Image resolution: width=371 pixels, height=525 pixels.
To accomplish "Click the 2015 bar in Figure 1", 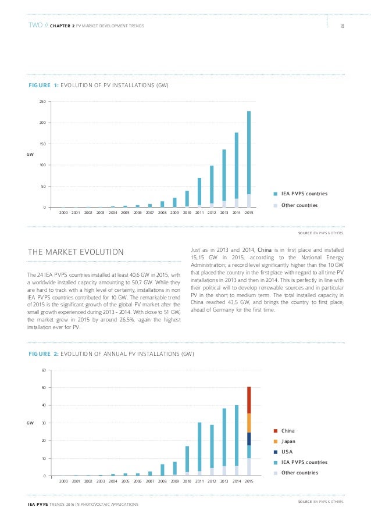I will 249,157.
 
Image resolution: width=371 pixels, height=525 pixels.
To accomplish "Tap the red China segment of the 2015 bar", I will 249,400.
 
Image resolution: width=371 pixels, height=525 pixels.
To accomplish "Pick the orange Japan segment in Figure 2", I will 249,423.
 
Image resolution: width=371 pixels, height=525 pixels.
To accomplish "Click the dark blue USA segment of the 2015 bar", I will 249,439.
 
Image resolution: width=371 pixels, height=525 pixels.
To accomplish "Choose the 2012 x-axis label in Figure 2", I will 212,482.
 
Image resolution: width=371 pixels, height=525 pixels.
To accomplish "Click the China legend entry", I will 288,431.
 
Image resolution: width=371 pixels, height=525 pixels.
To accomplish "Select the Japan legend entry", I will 288,441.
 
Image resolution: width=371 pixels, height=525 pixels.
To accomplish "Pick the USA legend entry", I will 287,452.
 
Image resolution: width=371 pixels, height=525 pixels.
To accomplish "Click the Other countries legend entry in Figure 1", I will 299,205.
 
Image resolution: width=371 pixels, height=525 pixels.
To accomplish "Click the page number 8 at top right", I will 343,26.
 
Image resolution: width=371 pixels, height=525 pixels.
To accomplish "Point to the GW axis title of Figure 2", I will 31,423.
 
